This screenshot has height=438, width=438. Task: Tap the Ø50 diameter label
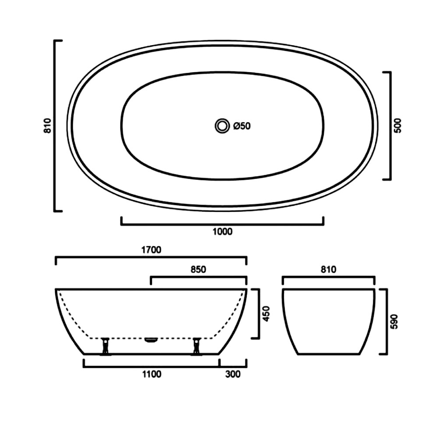(x=242, y=126)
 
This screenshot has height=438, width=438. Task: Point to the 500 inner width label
(x=398, y=126)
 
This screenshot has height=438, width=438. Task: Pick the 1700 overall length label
(x=152, y=250)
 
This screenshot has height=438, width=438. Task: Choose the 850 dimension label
(x=198, y=269)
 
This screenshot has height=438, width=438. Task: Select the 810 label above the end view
(x=328, y=269)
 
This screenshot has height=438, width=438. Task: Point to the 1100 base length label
(x=152, y=374)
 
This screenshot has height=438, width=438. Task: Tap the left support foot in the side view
(x=105, y=346)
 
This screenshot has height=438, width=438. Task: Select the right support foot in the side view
(x=197, y=346)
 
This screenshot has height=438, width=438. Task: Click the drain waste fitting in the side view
(x=151, y=339)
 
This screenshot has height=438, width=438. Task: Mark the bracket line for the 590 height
(x=386, y=321)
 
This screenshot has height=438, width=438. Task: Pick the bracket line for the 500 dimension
(x=390, y=126)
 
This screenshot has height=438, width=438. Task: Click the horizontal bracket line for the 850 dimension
(x=198, y=277)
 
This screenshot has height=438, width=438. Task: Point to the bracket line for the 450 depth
(x=259, y=313)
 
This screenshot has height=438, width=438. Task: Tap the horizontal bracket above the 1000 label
(x=223, y=224)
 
